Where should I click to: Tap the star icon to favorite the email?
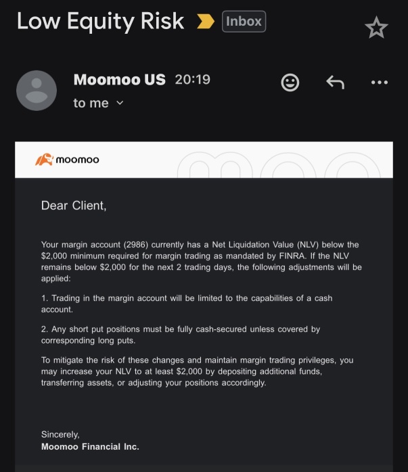pyautogui.click(x=376, y=28)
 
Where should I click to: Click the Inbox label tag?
pyautogui.click(x=244, y=22)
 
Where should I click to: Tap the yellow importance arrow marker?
pyautogui.click(x=205, y=22)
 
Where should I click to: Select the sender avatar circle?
pyautogui.click(x=36, y=91)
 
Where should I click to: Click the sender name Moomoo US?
pyautogui.click(x=119, y=79)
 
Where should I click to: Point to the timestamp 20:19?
pyautogui.click(x=193, y=79)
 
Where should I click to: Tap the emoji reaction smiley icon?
pyautogui.click(x=290, y=82)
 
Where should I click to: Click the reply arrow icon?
pyautogui.click(x=335, y=82)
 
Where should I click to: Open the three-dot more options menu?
pyautogui.click(x=380, y=82)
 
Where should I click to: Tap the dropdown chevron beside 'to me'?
pyautogui.click(x=120, y=103)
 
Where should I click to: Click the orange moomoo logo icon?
pyautogui.click(x=44, y=160)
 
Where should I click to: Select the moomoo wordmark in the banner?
pyautogui.click(x=77, y=160)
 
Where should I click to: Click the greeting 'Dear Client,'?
pyautogui.click(x=74, y=206)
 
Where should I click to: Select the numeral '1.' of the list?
pyautogui.click(x=45, y=298)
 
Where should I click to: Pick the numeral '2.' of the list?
pyautogui.click(x=45, y=329)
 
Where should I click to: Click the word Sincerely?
pyautogui.click(x=60, y=434)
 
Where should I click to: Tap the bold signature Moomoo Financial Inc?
pyautogui.click(x=90, y=446)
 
